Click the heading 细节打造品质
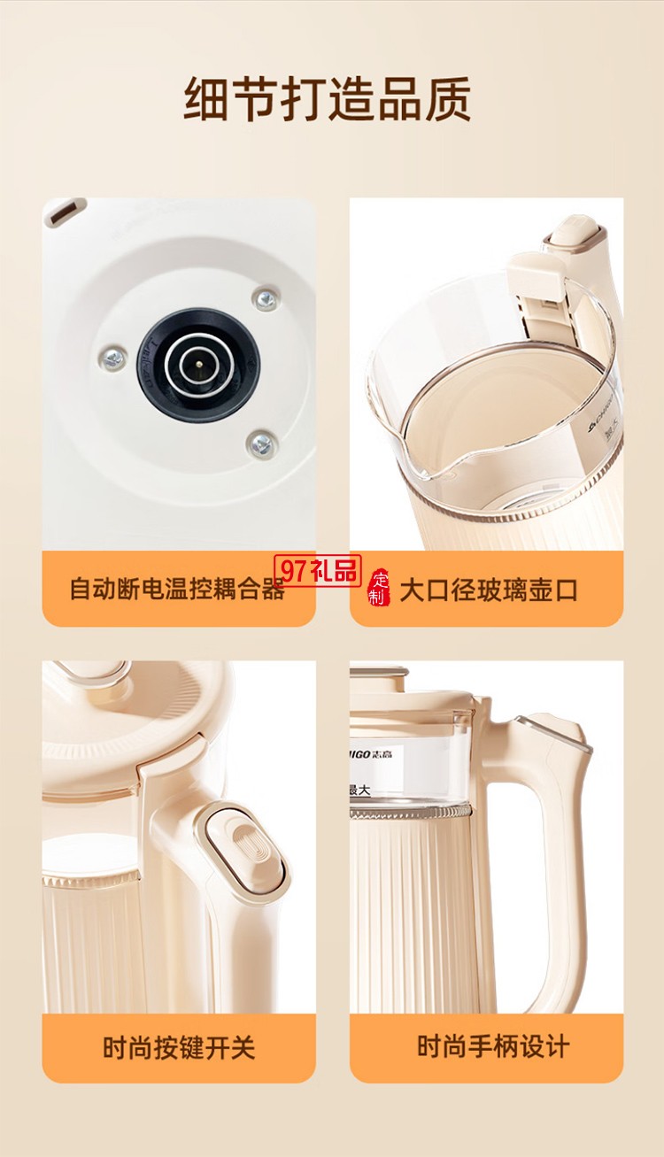tap(328, 99)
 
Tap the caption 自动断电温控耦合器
tap(177, 590)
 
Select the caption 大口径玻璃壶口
tap(488, 590)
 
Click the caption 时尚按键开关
tap(179, 1048)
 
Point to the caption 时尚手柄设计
tap(493, 1046)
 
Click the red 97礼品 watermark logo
tap(316, 571)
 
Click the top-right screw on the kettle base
tap(263, 298)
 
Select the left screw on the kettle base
tap(112, 358)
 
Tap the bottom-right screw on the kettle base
tap(260, 443)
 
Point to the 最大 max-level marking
tap(360, 790)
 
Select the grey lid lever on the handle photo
tap(553, 733)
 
